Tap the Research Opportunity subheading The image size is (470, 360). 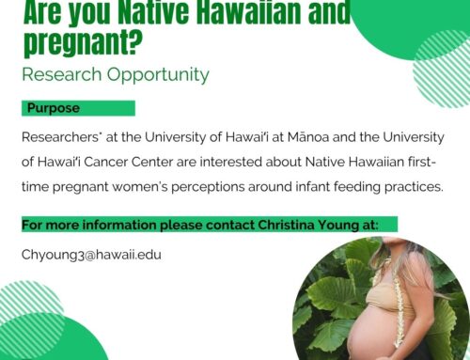pyautogui.click(x=115, y=73)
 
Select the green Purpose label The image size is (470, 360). pyautogui.click(x=54, y=108)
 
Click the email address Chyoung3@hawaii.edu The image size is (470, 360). pyautogui.click(x=90, y=255)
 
